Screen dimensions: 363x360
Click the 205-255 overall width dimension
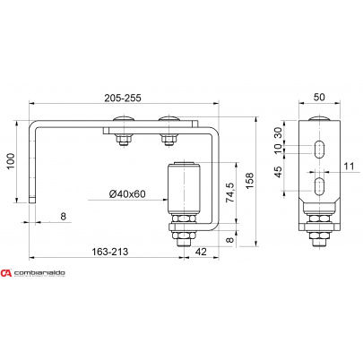tap(123, 98)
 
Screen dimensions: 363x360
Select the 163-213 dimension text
tap(110, 252)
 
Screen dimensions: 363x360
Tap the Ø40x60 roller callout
tap(127, 194)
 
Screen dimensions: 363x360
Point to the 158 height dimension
tap(249, 180)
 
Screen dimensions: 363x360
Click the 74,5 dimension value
tap(230, 193)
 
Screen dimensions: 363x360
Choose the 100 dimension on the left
tap(11, 161)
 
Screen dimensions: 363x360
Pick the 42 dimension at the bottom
tap(201, 252)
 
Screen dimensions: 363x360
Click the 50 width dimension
tap(319, 98)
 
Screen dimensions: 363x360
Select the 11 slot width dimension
tap(349, 167)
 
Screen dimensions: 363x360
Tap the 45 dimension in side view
tap(278, 172)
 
